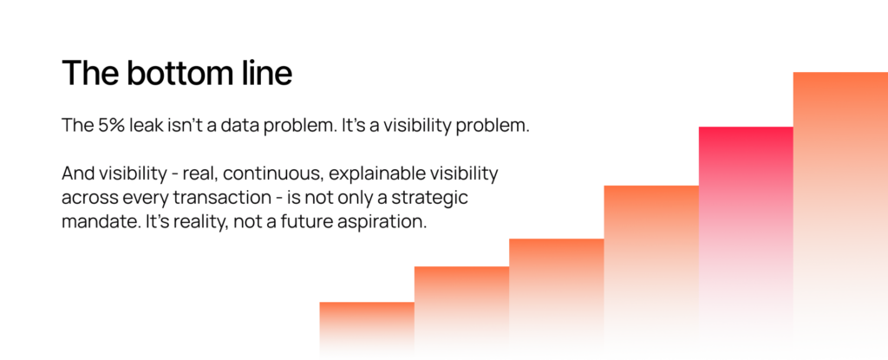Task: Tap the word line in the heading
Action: [265, 73]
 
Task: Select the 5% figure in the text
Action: [110, 125]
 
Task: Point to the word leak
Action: [146, 125]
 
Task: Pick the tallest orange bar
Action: [840, 210]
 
